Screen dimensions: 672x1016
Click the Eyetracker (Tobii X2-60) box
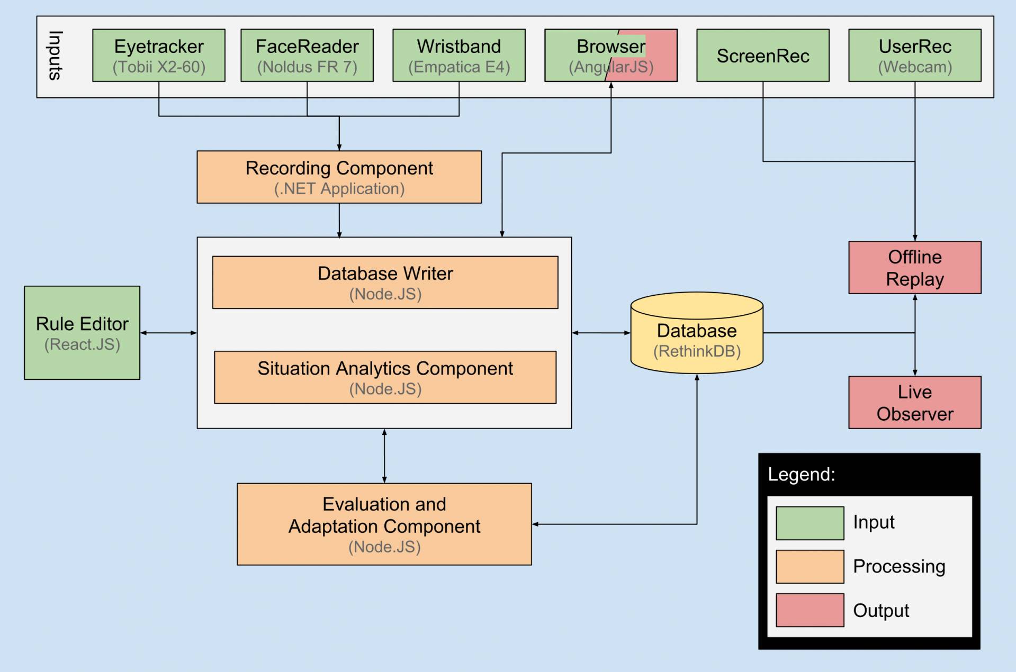pos(159,56)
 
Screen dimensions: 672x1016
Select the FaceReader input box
pos(307,56)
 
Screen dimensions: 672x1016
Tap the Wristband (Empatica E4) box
pos(459,56)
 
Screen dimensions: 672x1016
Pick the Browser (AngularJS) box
pos(610,56)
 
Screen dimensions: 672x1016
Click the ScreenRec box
pos(763,56)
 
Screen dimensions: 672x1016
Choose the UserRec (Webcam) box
pos(915,56)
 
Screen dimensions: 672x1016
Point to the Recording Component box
pos(339,177)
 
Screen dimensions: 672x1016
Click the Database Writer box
pos(385,283)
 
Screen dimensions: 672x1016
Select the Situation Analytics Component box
pos(385,377)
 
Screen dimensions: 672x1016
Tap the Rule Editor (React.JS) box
pos(82,333)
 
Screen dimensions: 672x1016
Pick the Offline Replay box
pos(915,268)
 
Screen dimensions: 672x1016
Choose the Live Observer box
pos(915,403)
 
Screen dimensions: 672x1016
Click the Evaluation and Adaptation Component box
pos(384,524)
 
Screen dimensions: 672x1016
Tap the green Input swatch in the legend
pos(810,523)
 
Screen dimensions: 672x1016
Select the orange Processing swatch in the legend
pos(810,567)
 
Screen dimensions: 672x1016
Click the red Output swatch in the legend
pos(810,610)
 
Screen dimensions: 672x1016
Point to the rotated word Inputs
pos(56,56)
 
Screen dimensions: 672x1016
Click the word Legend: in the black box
pos(802,475)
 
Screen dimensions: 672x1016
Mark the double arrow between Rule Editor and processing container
pos(168,333)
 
